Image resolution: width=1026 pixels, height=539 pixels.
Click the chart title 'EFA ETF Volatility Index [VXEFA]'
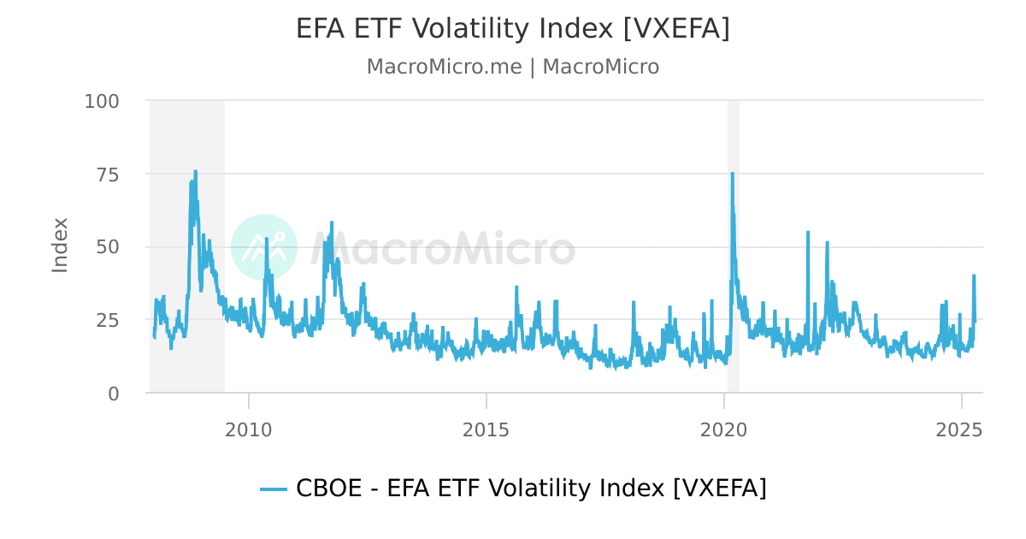click(x=513, y=29)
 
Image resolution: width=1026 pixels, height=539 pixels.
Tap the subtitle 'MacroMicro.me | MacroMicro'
click(x=513, y=67)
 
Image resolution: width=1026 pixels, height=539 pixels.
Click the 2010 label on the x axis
click(x=249, y=429)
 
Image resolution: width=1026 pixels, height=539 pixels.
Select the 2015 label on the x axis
click(x=486, y=429)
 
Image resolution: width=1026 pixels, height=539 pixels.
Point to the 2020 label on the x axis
click(x=724, y=429)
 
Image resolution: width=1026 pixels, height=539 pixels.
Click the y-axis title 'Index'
click(x=60, y=246)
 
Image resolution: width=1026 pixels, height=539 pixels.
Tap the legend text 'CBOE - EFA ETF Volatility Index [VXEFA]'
click(x=531, y=489)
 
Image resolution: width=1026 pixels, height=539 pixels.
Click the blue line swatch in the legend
click(x=274, y=489)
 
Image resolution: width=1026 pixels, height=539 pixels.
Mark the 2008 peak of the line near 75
click(x=195, y=171)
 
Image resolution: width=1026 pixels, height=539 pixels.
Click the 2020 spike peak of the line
click(x=732, y=174)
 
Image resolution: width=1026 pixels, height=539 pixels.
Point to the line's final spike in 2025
click(x=974, y=275)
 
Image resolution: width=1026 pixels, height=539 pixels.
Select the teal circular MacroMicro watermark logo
click(x=264, y=247)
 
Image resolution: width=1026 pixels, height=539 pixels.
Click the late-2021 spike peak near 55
click(x=807, y=232)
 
